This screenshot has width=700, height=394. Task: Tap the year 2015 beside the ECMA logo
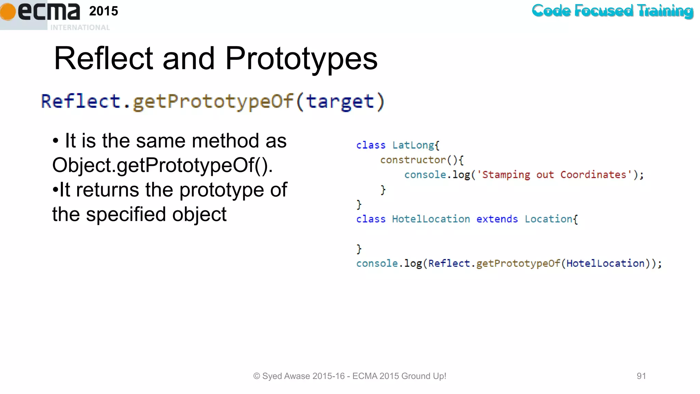104,11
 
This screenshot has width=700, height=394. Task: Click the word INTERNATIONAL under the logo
80,27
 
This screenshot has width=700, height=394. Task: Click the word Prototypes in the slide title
301,58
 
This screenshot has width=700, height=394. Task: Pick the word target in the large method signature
340,102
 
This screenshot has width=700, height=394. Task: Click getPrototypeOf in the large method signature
213,102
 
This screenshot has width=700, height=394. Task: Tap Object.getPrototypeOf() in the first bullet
162,165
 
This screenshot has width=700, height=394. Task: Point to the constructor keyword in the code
413,160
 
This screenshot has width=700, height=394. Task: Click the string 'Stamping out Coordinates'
554,175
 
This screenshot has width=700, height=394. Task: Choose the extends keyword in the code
497,219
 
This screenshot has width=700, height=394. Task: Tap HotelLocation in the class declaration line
431,219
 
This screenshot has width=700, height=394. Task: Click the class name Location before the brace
548,219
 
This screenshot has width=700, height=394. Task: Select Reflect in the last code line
449,263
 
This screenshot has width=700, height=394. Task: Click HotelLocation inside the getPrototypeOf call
605,263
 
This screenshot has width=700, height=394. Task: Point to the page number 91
641,376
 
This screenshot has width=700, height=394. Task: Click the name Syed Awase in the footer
286,376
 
